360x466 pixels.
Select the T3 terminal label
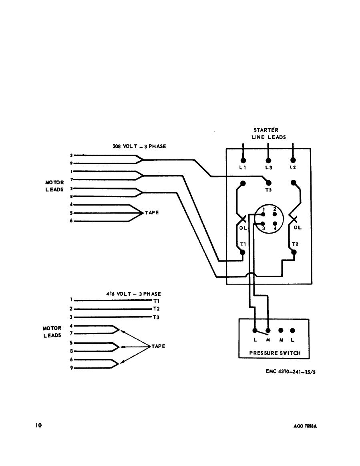pyautogui.click(x=268, y=190)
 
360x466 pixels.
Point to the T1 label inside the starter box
pyautogui.click(x=243, y=244)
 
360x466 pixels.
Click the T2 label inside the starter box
pyautogui.click(x=295, y=244)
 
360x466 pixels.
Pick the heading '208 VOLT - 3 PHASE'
pyautogui.click(x=139, y=147)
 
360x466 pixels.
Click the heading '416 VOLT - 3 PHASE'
pyautogui.click(x=134, y=294)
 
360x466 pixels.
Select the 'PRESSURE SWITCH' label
pyautogui.click(x=274, y=353)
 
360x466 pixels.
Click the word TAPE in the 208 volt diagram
pyautogui.click(x=152, y=213)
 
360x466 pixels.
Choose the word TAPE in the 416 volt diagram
pyautogui.click(x=158, y=346)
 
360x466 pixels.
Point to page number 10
pyautogui.click(x=38, y=425)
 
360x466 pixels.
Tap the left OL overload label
pyautogui.click(x=243, y=228)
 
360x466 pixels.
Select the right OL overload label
pyautogui.click(x=298, y=228)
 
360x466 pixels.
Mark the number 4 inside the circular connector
pyautogui.click(x=275, y=228)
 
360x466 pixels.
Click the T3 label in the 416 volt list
pyautogui.click(x=157, y=317)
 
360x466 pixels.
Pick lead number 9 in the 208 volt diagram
pyautogui.click(x=71, y=163)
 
